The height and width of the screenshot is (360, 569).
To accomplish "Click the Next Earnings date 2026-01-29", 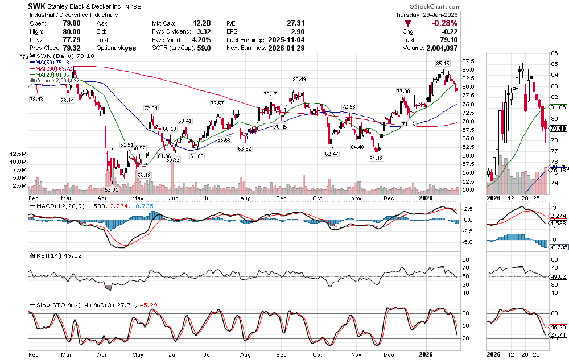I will tap(288, 48).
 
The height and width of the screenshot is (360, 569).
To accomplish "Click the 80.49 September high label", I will tap(300, 80).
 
